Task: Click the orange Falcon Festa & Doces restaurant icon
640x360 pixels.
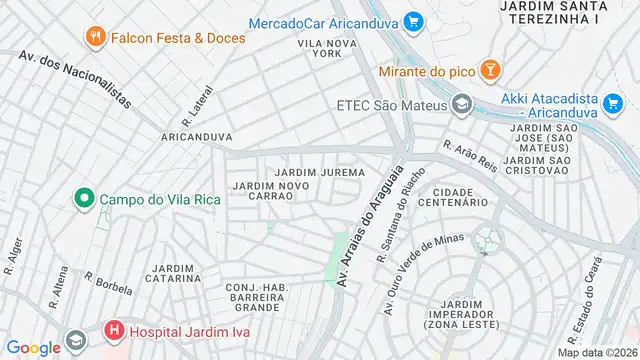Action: coord(96,37)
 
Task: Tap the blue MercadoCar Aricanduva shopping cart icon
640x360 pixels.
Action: coord(414,21)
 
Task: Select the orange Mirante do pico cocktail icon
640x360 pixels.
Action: coord(490,70)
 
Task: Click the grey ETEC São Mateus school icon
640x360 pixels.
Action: coord(461,103)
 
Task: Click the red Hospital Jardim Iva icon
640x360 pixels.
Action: coord(113,330)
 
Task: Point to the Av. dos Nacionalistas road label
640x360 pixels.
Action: coord(75,77)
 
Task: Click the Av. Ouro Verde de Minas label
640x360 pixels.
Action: coord(423,273)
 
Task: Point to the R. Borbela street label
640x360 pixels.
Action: coord(108,285)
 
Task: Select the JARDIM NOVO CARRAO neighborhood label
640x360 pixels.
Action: coord(262,190)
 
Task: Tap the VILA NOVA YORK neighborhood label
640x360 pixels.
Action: coord(327,49)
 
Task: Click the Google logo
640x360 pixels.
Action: coord(34,347)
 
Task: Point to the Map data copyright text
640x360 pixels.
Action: coord(596,352)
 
